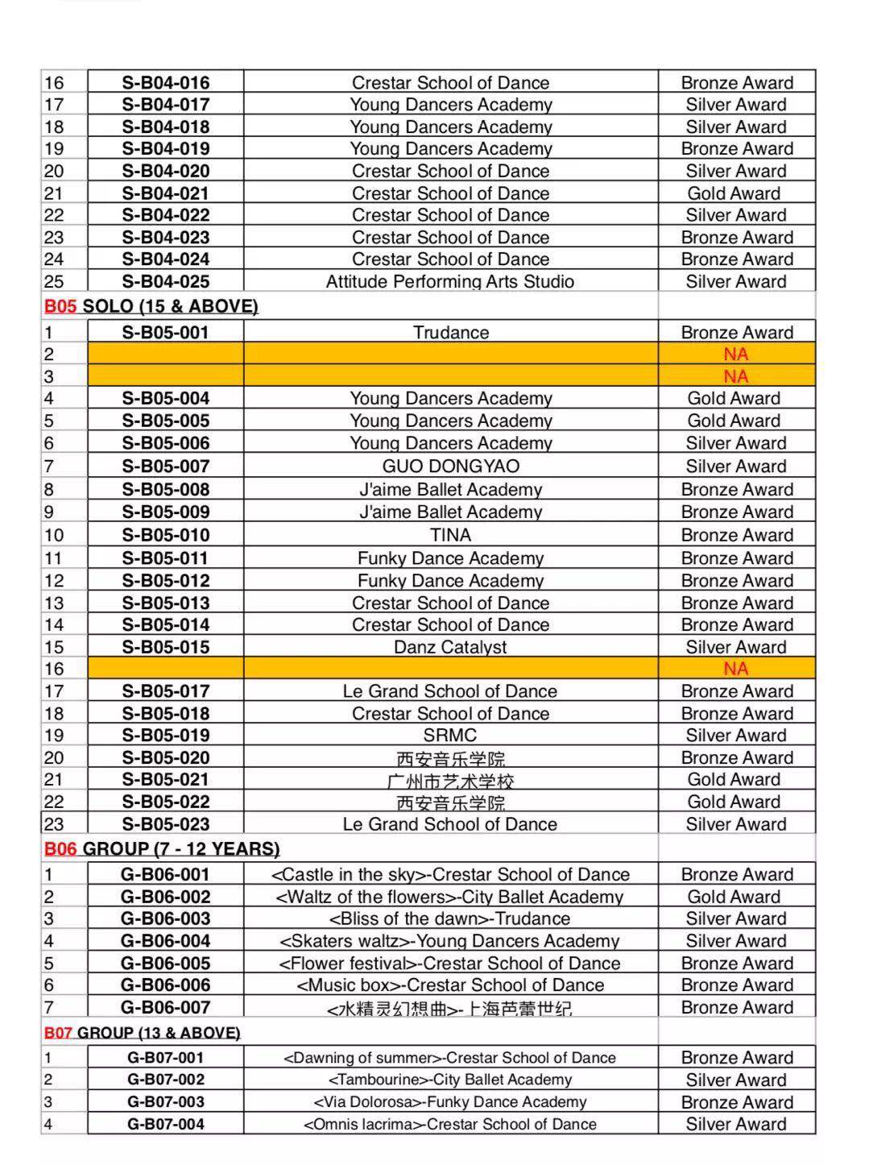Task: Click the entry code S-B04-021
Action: pyautogui.click(x=165, y=193)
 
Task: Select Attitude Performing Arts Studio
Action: pyautogui.click(x=450, y=281)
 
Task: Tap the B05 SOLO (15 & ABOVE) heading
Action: pyautogui.click(x=151, y=306)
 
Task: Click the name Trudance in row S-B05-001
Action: pyautogui.click(x=450, y=333)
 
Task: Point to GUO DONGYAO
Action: pyautogui.click(x=450, y=466)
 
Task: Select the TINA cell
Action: pyautogui.click(x=450, y=535)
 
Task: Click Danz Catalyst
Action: pyautogui.click(x=450, y=647)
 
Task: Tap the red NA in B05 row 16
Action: pyautogui.click(x=735, y=669)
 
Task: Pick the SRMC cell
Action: pyautogui.click(x=450, y=735)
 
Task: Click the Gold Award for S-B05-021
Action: pyautogui.click(x=734, y=779)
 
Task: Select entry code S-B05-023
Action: pyautogui.click(x=165, y=824)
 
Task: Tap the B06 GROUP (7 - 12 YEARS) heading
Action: pyautogui.click(x=162, y=848)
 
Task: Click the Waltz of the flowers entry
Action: pyautogui.click(x=450, y=897)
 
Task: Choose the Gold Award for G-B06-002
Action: pyautogui.click(x=734, y=897)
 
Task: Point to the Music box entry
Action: pyautogui.click(x=450, y=985)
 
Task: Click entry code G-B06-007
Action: pyautogui.click(x=165, y=1007)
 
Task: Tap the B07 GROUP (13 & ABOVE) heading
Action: pyautogui.click(x=143, y=1033)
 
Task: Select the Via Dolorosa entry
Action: pyautogui.click(x=450, y=1102)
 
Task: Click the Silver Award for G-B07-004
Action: pyautogui.click(x=735, y=1124)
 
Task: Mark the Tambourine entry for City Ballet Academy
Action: pyautogui.click(x=450, y=1080)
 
